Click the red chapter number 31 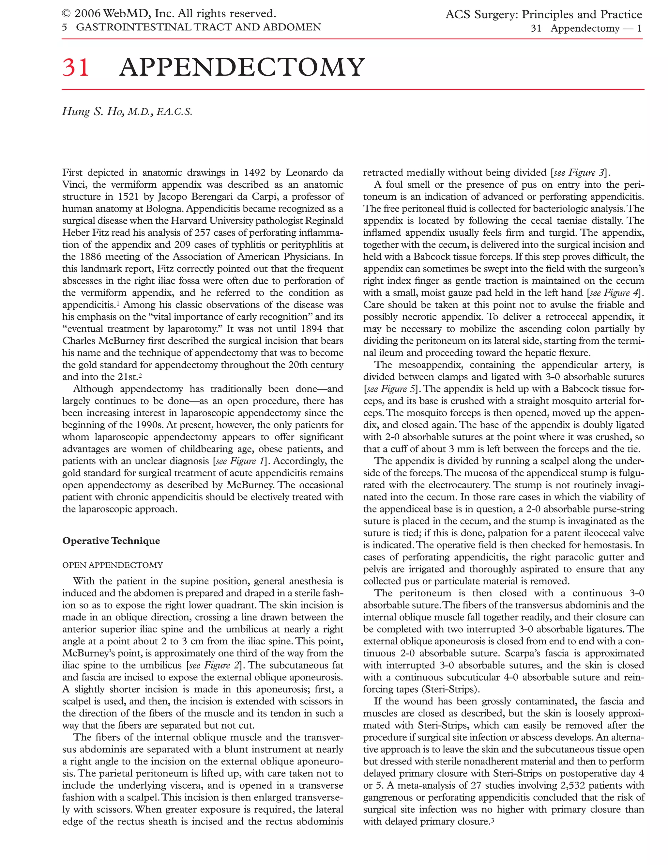pyautogui.click(x=76, y=68)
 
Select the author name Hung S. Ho pyautogui.click(x=93, y=112)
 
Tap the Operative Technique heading pyautogui.click(x=111, y=541)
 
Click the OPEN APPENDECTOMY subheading pyautogui.click(x=113, y=565)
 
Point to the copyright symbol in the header pyautogui.click(x=66, y=14)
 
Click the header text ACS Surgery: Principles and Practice pyautogui.click(x=543, y=15)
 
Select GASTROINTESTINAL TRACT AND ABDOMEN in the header pyautogui.click(x=198, y=27)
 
